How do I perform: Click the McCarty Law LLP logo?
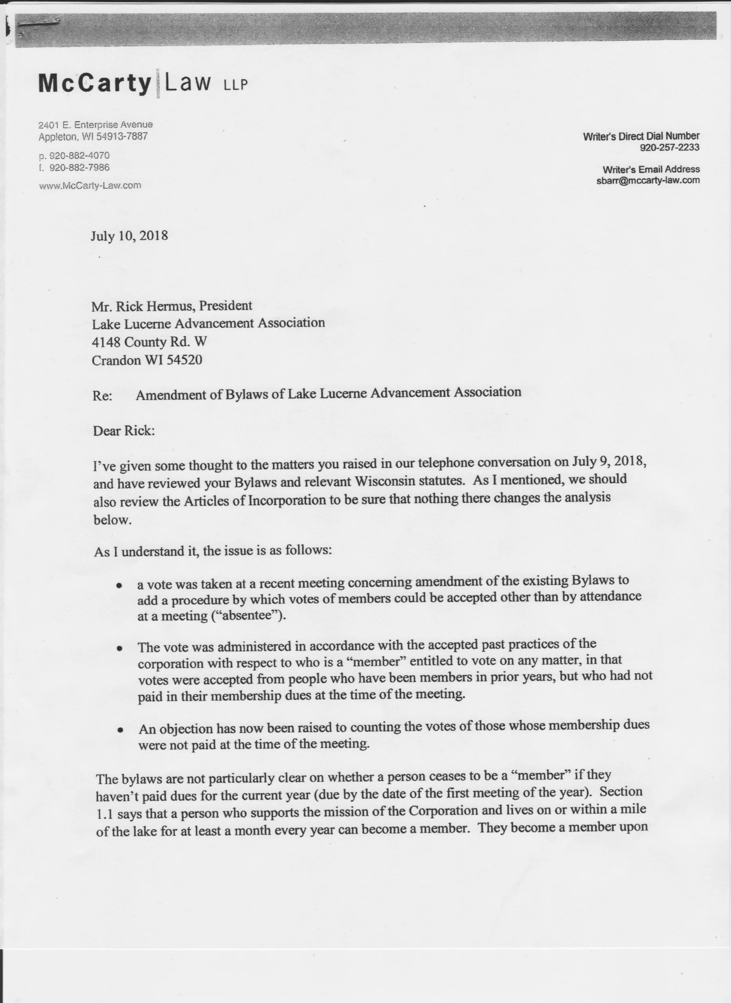(143, 83)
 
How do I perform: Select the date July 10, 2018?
(129, 236)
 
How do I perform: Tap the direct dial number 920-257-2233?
(669, 148)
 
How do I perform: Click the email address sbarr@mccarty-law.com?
(648, 180)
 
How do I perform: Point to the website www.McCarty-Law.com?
(90, 186)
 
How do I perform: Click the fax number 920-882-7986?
(79, 168)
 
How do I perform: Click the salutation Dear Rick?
(124, 431)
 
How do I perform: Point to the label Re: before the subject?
(102, 396)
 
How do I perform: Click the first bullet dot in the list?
(119, 585)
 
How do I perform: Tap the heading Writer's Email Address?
(651, 169)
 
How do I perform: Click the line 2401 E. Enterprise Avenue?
(96, 125)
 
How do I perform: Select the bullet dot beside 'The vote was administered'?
(119, 649)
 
